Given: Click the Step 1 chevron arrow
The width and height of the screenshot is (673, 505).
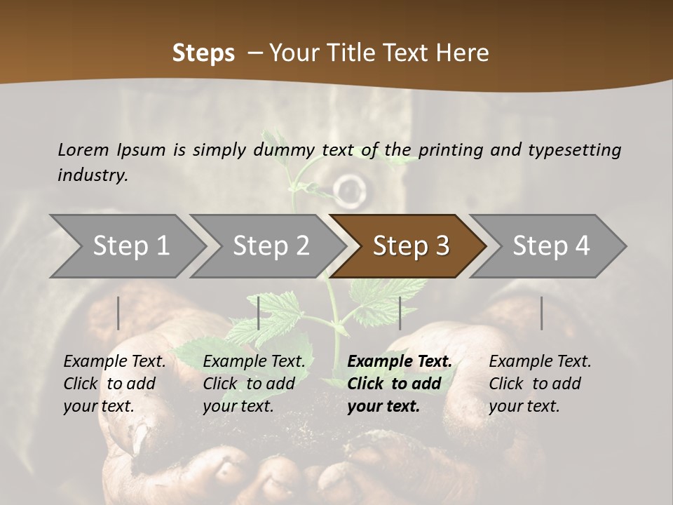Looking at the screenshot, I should click(130, 246).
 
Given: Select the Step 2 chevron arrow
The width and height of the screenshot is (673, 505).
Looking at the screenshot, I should click(271, 246).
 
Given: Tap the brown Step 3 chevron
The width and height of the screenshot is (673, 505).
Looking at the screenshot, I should click(411, 246).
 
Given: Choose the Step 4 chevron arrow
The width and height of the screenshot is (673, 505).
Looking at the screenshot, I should click(551, 246).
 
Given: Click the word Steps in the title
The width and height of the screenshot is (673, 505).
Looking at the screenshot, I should click(203, 53).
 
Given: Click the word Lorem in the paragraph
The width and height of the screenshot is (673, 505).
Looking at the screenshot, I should click(83, 149).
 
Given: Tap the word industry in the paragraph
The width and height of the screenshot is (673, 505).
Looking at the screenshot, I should click(93, 175).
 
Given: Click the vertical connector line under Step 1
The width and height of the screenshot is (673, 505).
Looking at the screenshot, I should click(118, 313).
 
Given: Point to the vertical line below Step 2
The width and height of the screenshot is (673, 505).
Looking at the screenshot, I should click(259, 313).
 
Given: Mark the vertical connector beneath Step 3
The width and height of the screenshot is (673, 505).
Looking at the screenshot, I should click(400, 313).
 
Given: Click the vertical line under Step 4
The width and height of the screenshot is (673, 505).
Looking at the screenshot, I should click(541, 313).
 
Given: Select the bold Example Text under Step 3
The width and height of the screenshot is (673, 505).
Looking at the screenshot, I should click(400, 362).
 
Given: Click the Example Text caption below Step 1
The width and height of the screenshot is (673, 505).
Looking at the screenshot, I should click(114, 362).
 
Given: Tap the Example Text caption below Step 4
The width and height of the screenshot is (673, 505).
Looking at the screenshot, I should click(540, 362).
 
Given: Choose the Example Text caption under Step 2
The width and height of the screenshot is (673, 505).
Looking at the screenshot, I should click(254, 362).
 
